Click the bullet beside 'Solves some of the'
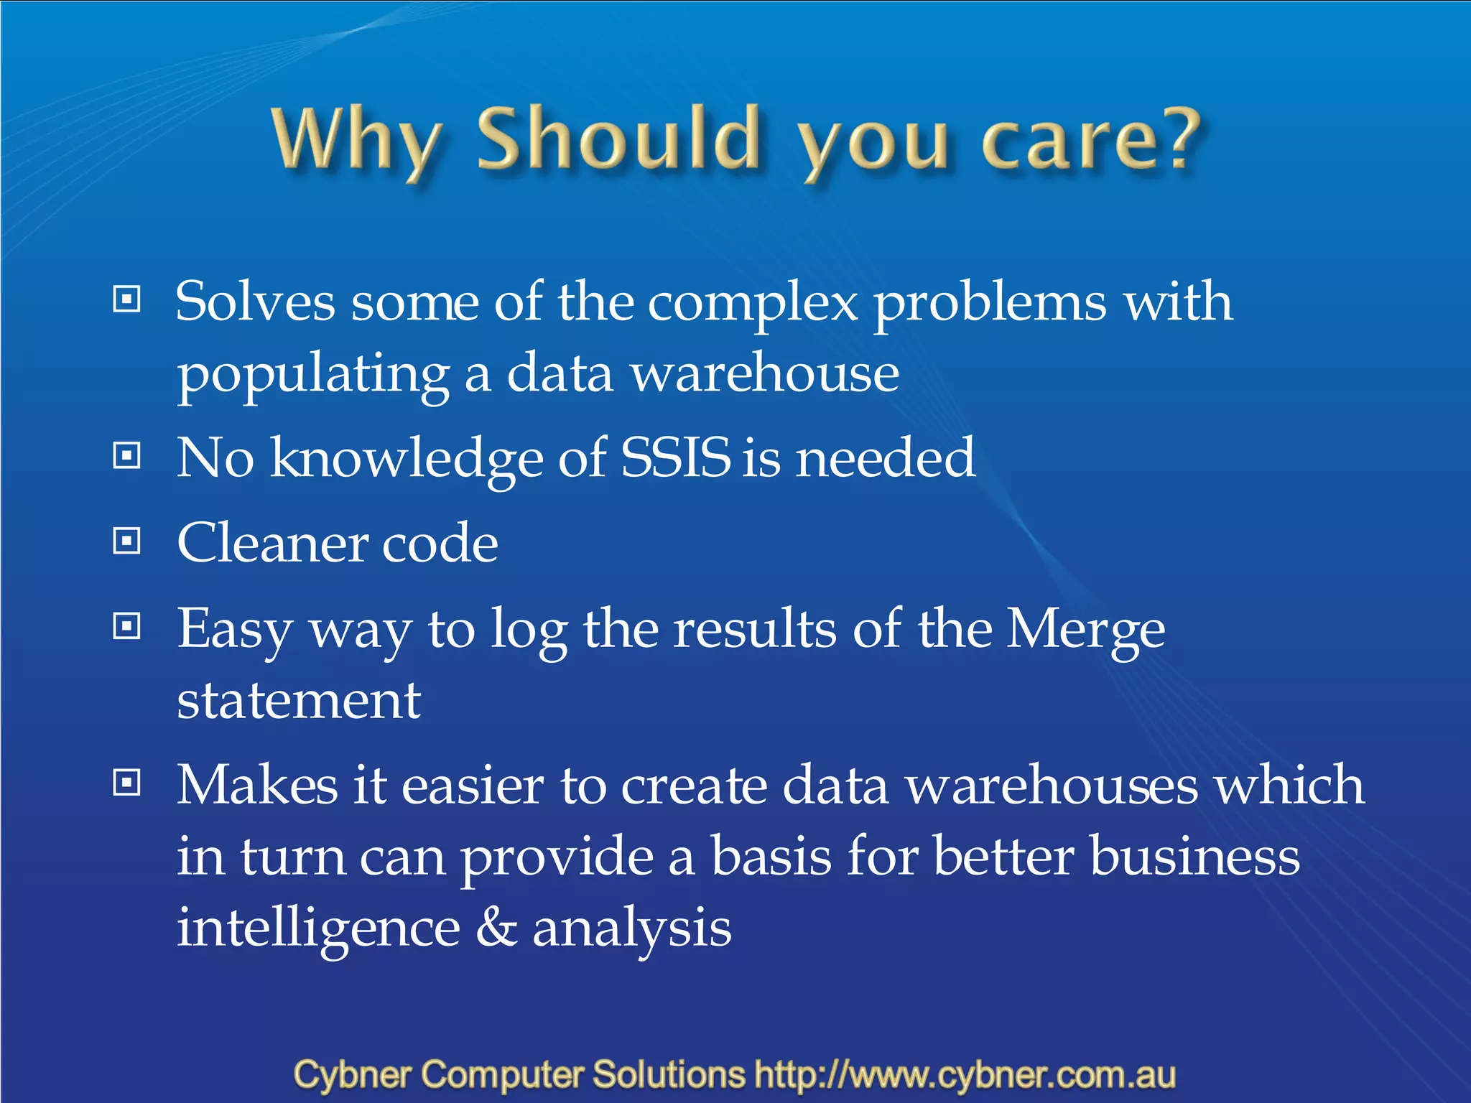pyautogui.click(x=127, y=299)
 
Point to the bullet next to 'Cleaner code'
pyautogui.click(x=127, y=541)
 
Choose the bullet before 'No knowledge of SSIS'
pyautogui.click(x=127, y=455)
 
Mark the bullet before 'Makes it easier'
pyautogui.click(x=127, y=783)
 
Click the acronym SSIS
pyautogui.click(x=675, y=457)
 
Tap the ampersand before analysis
pyautogui.click(x=496, y=927)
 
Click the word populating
pyautogui.click(x=313, y=375)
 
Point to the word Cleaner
pyautogui.click(x=271, y=543)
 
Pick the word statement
pyautogui.click(x=299, y=701)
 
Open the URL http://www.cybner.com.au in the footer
pyautogui.click(x=965, y=1075)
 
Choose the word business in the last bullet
pyautogui.click(x=1194, y=857)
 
